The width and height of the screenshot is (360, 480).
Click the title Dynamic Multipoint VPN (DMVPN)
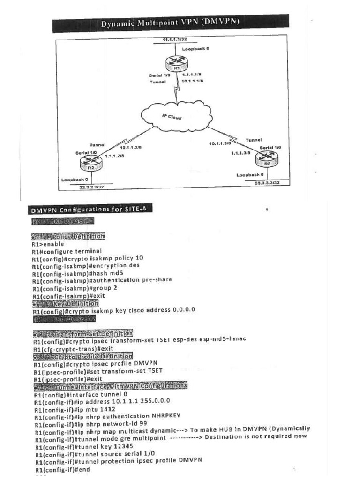[170, 24]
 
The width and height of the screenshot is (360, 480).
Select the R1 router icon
[177, 63]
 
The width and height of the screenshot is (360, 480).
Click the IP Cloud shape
[175, 116]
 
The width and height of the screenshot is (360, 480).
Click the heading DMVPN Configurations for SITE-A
[91, 209]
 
